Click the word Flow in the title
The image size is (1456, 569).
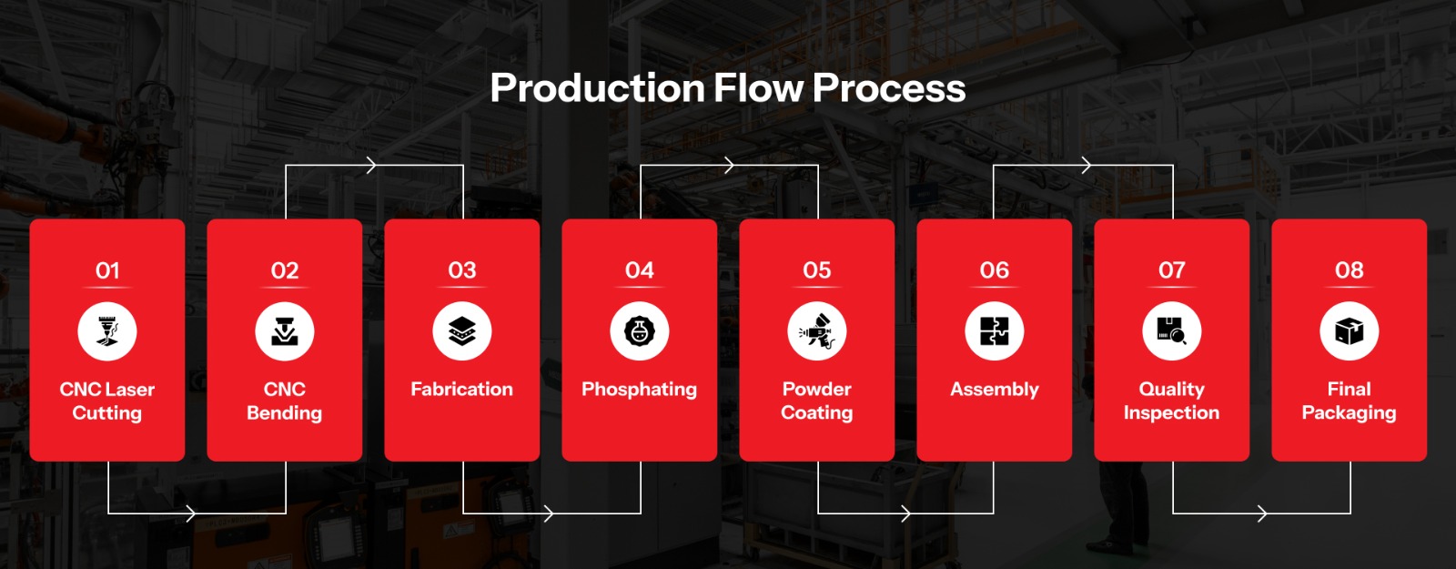pos(759,88)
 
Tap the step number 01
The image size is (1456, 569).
pos(107,270)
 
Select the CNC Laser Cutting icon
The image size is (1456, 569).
pos(107,331)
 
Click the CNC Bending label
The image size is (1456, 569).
pos(285,401)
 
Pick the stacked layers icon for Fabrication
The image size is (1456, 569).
pos(462,331)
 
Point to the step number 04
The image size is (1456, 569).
pos(640,270)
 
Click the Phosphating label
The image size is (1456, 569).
pos(640,390)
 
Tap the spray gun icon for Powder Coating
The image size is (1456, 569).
pos(817,331)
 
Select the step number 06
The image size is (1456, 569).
pos(995,270)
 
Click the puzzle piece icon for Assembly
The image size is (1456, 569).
pos(995,331)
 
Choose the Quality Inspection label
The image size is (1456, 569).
pos(1172,401)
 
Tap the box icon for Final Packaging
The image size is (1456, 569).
pos(1350,331)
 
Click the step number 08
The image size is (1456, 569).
pos(1350,270)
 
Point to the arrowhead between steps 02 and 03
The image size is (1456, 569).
pos(371,165)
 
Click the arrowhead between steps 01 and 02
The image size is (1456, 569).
pos(190,513)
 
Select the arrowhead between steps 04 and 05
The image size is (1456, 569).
pos(729,165)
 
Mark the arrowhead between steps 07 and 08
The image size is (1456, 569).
pos(1261,513)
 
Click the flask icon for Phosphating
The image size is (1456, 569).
pos(640,331)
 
